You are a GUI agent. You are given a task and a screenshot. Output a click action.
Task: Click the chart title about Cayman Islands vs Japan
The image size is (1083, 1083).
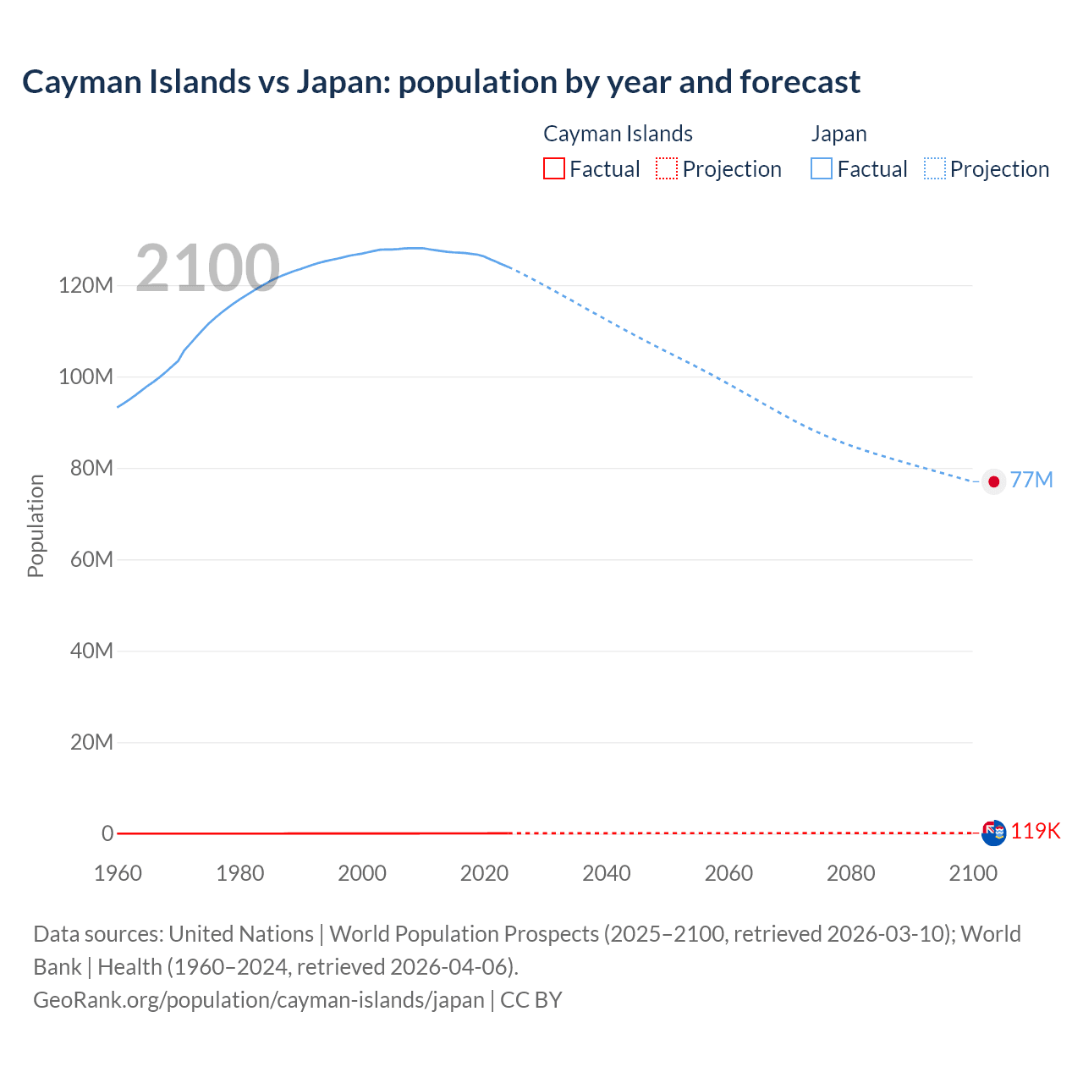coord(441,82)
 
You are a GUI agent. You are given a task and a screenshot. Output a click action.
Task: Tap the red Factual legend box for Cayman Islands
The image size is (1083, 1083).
coord(553,168)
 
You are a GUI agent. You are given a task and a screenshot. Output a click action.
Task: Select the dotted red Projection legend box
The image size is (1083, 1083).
coord(667,168)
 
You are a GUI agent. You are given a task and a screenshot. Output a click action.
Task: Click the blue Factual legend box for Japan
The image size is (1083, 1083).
coord(822,168)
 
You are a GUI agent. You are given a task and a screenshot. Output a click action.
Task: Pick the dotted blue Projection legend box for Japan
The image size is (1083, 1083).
coord(934,168)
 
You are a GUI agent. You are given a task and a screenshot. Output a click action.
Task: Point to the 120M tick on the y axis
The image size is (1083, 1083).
coord(85,285)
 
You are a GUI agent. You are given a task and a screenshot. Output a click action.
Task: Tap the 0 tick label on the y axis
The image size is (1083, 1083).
coord(107,833)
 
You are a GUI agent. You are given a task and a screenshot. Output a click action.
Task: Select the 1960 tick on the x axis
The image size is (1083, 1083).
coord(118,873)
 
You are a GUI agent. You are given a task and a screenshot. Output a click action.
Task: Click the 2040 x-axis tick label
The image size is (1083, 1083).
coord(606,873)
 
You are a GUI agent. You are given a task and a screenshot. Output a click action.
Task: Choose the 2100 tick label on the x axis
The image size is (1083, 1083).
coord(973,873)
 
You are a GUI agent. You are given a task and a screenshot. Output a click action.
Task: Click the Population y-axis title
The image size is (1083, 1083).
coord(36,525)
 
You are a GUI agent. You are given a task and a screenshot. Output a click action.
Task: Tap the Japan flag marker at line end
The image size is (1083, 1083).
coord(993,481)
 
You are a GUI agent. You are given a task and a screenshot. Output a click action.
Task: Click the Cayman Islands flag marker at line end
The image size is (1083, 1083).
coord(993,833)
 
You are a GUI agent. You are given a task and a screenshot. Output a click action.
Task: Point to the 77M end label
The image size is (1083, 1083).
coord(1031,481)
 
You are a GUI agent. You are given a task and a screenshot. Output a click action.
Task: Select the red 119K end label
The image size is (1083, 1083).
coord(1035,831)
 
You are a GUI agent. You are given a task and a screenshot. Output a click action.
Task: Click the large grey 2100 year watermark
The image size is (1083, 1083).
coord(207,268)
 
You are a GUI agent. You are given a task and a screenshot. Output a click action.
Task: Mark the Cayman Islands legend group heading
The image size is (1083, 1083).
coord(618,134)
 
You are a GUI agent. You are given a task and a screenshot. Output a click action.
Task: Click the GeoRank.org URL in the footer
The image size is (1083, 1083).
coord(258,1000)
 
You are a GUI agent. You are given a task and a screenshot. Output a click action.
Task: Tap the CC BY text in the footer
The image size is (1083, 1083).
coord(531,1000)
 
